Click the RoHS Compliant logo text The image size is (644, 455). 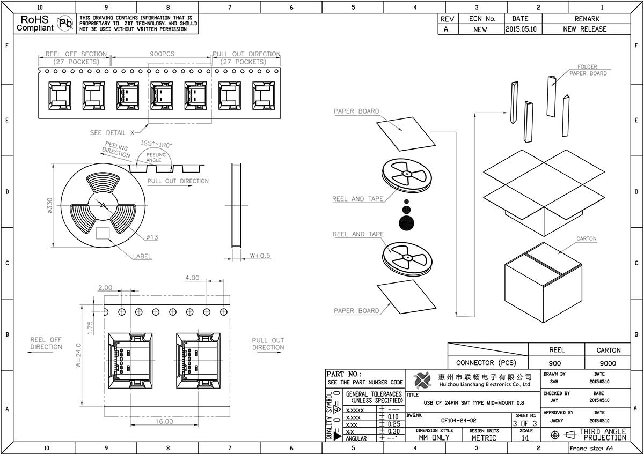click(35, 23)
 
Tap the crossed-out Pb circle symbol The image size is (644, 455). click(65, 23)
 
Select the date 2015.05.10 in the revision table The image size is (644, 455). click(521, 29)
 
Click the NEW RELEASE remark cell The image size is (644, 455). click(584, 29)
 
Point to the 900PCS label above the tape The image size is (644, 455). click(162, 54)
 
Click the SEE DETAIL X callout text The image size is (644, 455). click(112, 132)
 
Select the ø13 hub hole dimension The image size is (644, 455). click(151, 237)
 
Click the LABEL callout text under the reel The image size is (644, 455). click(142, 257)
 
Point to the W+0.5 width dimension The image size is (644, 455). click(260, 255)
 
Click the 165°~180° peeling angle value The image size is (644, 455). click(156, 143)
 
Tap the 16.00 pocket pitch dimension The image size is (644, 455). click(164, 421)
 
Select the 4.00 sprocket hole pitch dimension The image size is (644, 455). click(192, 278)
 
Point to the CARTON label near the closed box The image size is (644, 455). click(586, 238)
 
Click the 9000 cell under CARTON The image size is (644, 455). click(608, 363)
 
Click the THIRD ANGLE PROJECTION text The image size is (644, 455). click(603, 434)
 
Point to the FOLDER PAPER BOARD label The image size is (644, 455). click(588, 70)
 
